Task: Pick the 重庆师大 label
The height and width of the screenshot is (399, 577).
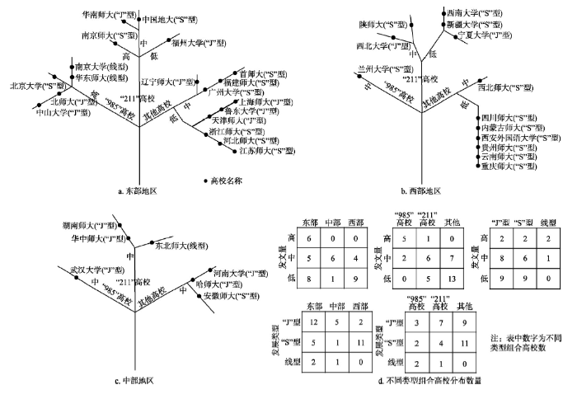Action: pyautogui.click(x=509, y=167)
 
